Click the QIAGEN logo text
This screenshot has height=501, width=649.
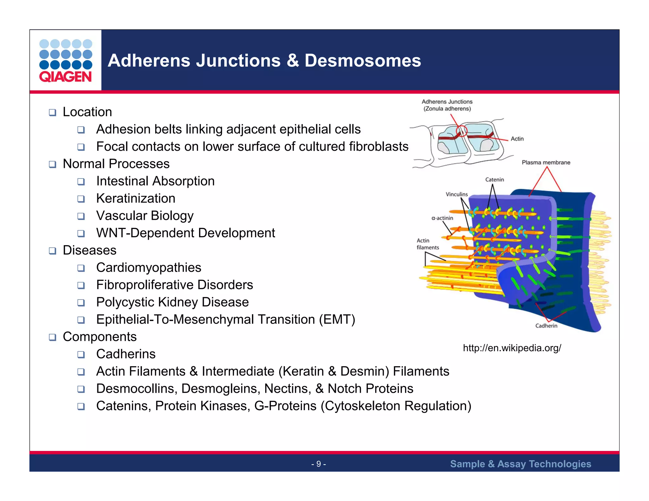65,77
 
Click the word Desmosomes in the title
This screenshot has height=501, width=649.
363,60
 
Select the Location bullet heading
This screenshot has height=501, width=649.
87,112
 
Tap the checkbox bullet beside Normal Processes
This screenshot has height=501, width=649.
53,164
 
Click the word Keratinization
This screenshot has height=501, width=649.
136,199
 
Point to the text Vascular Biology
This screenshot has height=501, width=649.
145,216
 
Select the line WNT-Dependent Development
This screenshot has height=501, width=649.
185,233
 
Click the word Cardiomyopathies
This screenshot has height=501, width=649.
149,268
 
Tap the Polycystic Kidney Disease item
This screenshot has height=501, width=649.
172,302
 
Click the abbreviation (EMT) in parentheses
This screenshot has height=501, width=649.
337,320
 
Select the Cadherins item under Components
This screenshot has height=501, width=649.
126,354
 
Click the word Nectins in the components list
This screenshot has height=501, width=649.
287,389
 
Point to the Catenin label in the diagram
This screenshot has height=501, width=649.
494,180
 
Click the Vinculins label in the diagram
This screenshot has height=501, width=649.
456,194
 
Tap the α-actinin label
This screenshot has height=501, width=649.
442,218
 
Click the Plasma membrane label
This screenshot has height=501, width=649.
546,162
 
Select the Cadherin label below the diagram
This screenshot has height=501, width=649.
546,326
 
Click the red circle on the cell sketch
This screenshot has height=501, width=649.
462,131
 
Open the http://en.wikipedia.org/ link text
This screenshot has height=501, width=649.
512,348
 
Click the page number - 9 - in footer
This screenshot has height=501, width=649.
318,464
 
